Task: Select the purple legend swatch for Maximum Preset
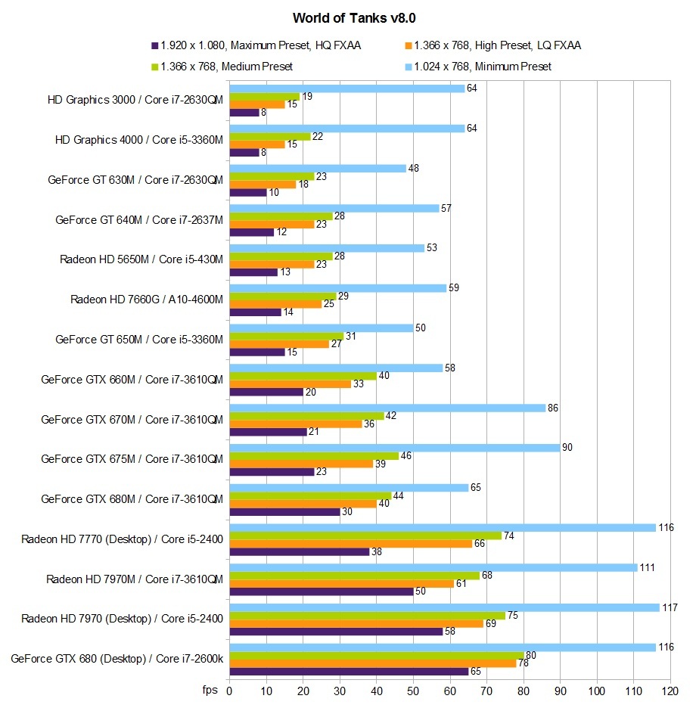pyautogui.click(x=154, y=45)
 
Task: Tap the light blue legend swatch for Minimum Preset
pyautogui.click(x=408, y=67)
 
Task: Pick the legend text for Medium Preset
pyautogui.click(x=227, y=67)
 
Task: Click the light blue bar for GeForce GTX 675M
pyautogui.click(x=394, y=447)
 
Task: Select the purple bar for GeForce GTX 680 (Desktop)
pyautogui.click(x=348, y=671)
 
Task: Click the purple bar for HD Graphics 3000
pyautogui.click(x=244, y=113)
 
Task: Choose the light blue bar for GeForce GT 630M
pyautogui.click(x=317, y=168)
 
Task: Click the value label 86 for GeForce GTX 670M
pyautogui.click(x=554, y=408)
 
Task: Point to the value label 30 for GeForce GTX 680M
pyautogui.click(x=348, y=511)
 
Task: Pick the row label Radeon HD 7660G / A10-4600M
pyautogui.click(x=147, y=299)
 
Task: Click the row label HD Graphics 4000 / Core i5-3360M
pyautogui.click(x=139, y=139)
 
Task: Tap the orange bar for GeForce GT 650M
pyautogui.click(x=279, y=343)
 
